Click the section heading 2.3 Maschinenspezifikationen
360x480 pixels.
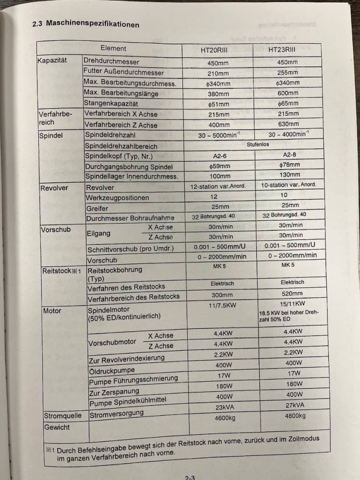pos(85,24)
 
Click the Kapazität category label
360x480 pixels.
pos(52,60)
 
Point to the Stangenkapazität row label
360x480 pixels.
pos(111,103)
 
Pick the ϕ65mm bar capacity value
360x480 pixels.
pos(288,104)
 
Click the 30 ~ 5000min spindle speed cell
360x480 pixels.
pos(219,135)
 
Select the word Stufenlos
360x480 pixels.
pos(258,144)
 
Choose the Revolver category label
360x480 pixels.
pos(54,188)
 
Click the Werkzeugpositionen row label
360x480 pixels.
pos(117,198)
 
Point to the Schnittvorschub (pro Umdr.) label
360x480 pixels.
pos(130,249)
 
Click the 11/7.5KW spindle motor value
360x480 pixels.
pos(222,305)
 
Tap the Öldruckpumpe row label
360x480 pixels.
pos(112,371)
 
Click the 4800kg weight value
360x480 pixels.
pos(295,416)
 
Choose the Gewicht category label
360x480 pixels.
pos(57,427)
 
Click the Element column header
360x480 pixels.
pos(113,48)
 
